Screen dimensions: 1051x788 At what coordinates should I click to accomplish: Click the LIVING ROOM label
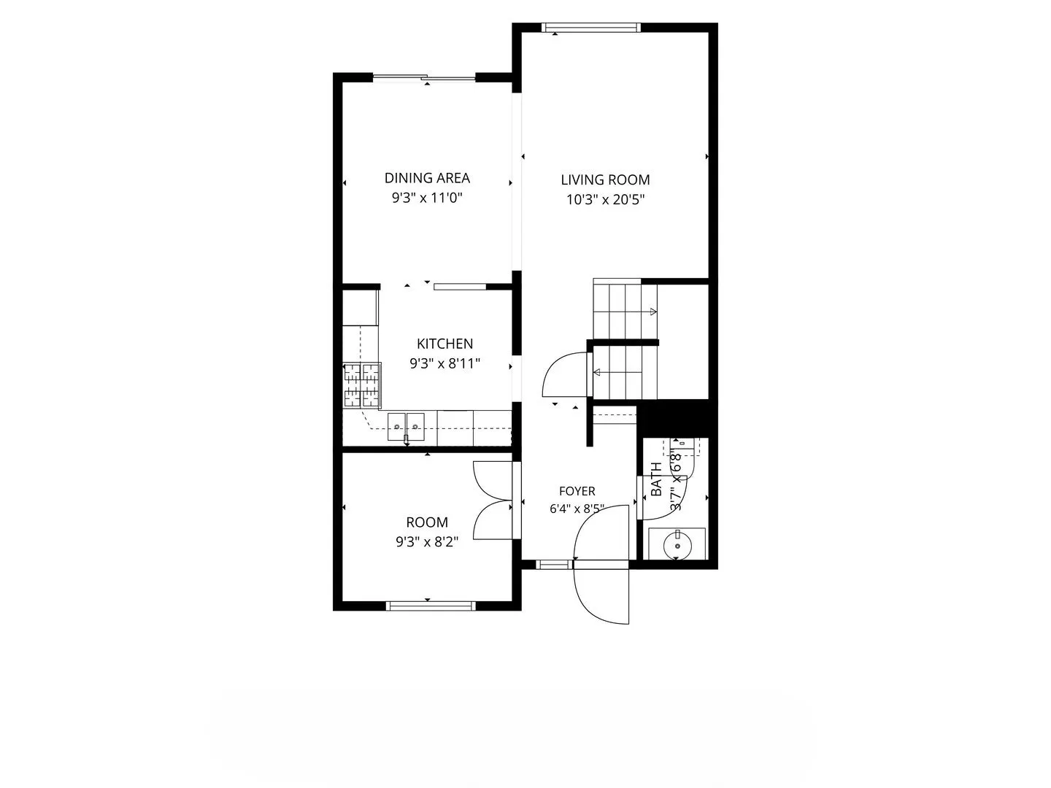(605, 180)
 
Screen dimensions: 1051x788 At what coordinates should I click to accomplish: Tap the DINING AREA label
(427, 178)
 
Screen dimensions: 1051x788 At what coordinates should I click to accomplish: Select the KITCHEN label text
(444, 344)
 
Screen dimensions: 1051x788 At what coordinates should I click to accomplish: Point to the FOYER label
(577, 491)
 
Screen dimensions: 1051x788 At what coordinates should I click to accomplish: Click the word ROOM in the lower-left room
(427, 522)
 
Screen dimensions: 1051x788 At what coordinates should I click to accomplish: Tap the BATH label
(656, 479)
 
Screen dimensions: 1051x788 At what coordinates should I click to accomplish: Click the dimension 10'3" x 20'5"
(606, 199)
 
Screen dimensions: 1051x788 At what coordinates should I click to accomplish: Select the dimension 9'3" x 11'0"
(427, 198)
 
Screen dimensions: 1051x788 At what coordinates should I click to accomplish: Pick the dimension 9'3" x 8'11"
(444, 363)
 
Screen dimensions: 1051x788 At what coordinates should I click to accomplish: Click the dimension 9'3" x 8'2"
(427, 541)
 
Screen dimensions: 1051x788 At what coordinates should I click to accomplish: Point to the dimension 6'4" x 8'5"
(577, 509)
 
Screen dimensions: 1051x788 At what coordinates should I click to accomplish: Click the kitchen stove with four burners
(361, 385)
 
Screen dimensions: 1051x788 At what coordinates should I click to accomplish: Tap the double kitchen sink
(406, 427)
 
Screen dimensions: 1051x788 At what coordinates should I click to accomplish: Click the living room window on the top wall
(591, 28)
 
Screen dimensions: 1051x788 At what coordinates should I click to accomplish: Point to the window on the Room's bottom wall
(431, 606)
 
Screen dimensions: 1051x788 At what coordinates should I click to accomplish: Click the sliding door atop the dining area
(424, 77)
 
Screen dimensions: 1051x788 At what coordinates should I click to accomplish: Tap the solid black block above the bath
(674, 419)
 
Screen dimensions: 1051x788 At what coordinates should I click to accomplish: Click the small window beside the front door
(554, 565)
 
